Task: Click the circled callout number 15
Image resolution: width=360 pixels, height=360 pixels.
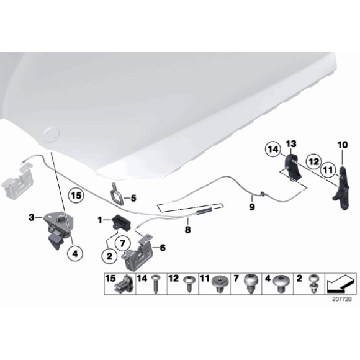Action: pos(76,196)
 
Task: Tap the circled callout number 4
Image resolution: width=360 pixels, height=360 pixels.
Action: pos(75,254)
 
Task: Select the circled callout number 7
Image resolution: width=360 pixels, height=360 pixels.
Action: pos(123,243)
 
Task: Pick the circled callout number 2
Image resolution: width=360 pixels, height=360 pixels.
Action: pos(109,256)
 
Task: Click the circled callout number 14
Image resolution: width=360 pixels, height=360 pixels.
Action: pos(273,150)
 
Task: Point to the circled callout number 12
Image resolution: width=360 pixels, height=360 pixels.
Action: pos(314,161)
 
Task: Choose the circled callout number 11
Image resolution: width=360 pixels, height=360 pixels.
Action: pos(328,170)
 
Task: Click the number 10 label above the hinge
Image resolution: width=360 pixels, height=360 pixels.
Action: pos(343,145)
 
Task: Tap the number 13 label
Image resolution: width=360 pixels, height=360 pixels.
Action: pos(291,144)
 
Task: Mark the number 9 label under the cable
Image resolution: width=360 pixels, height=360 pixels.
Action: pos(252,207)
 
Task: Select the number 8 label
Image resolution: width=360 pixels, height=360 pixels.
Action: pos(187,229)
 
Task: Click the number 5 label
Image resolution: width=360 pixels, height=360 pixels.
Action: pos(133,198)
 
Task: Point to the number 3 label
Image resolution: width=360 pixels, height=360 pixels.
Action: pos(32,217)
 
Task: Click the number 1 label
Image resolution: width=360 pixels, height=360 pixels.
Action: pos(100,220)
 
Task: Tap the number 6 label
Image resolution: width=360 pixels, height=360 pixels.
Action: pos(163,248)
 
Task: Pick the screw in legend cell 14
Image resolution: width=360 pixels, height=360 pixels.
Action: pos(156,284)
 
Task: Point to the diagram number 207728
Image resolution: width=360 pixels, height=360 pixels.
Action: pos(342,299)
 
